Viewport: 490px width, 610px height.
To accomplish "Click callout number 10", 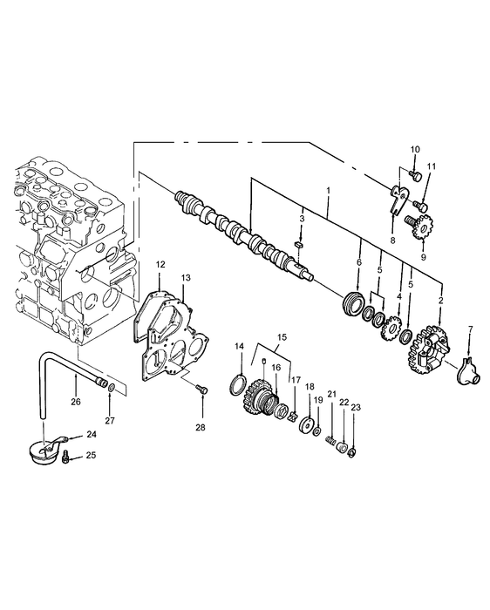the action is point(415,149).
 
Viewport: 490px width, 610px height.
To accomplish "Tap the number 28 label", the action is point(200,428).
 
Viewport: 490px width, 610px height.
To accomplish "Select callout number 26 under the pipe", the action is point(76,402).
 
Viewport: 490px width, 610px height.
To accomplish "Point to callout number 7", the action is point(471,329).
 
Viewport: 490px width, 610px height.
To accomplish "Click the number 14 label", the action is point(240,346).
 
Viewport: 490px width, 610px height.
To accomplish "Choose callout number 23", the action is point(356,407).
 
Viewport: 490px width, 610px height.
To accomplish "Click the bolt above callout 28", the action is point(202,389).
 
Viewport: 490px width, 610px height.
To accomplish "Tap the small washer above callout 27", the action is point(111,388).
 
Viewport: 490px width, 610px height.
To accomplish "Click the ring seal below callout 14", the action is point(238,384).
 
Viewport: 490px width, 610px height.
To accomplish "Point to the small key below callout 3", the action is point(298,244).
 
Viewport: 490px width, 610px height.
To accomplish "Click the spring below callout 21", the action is point(330,441).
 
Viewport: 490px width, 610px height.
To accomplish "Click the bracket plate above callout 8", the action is point(398,200).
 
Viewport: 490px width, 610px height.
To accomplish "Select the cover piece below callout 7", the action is point(469,370).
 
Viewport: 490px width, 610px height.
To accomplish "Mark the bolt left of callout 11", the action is point(420,204).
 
